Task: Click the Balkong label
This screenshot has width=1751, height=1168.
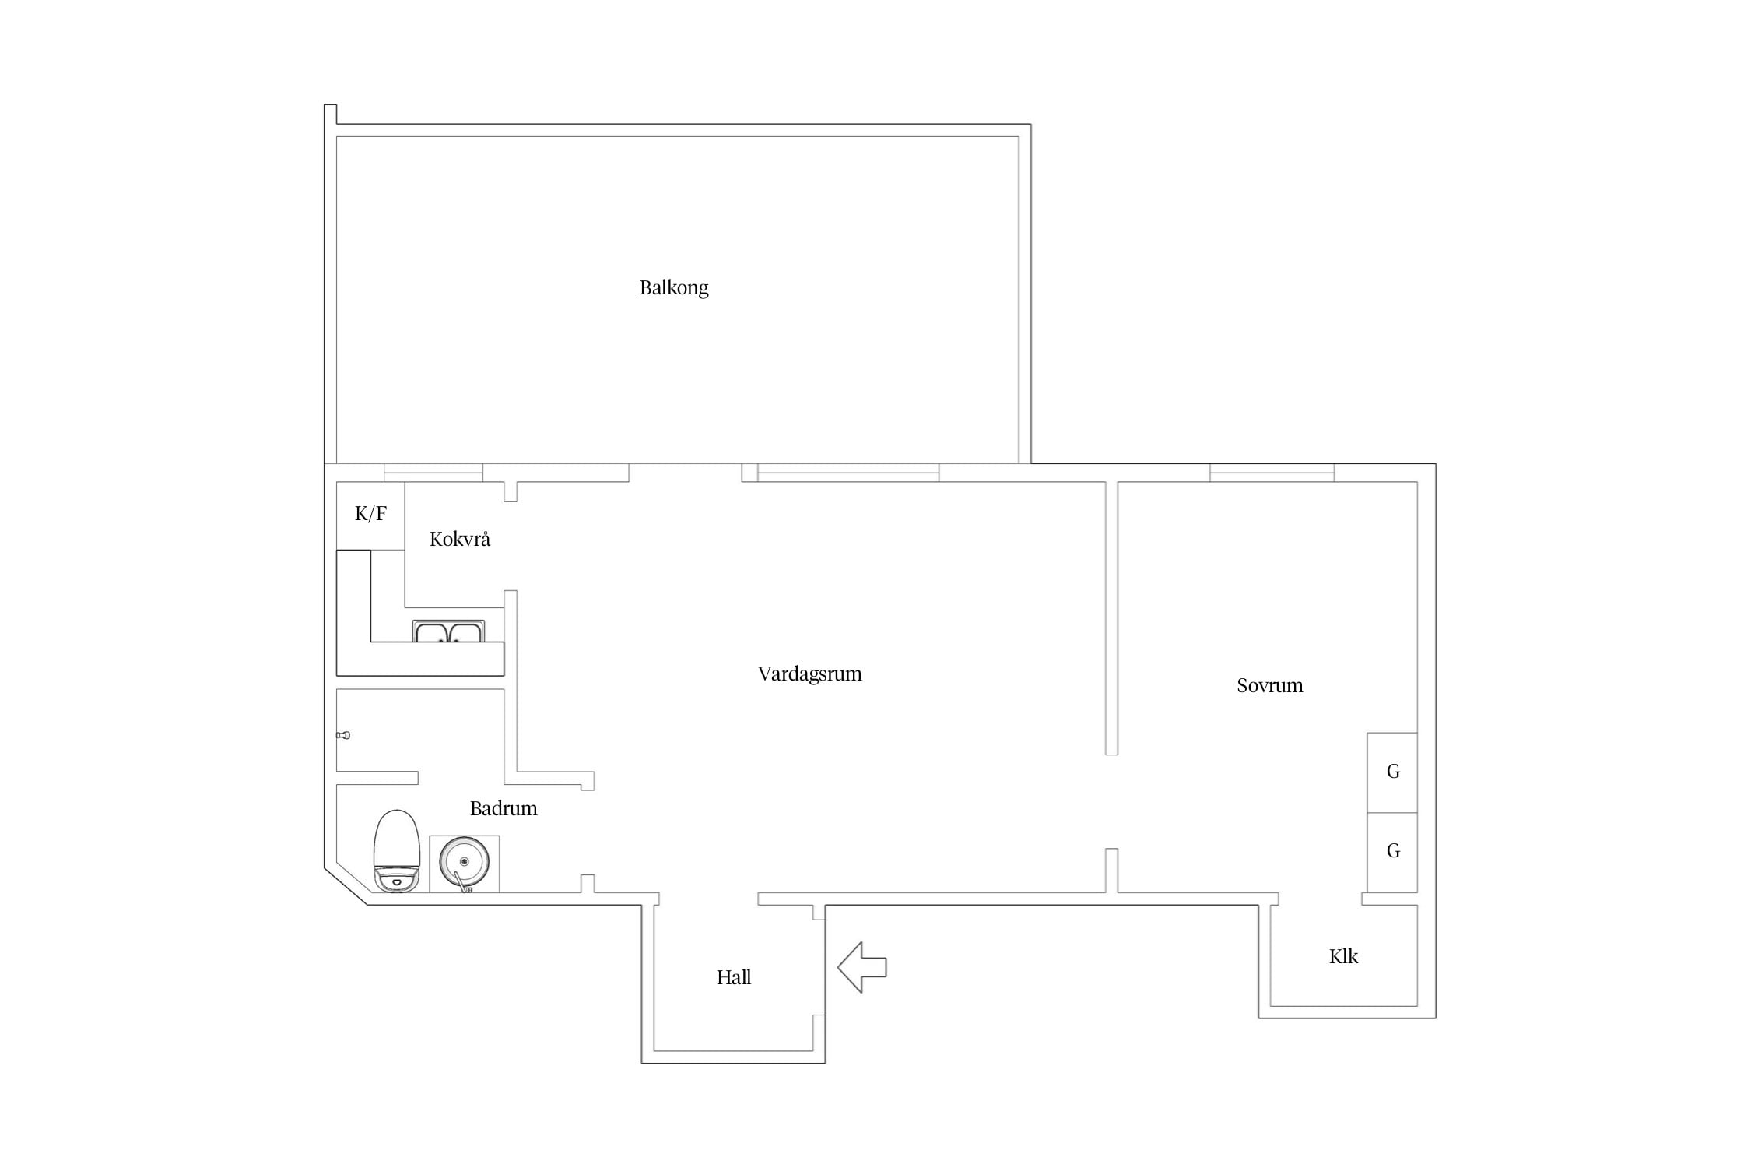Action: [x=674, y=288]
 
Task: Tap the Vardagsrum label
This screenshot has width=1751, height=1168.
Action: [x=809, y=674]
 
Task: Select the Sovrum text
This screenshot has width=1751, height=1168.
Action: [x=1269, y=685]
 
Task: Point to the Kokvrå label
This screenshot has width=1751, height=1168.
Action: [x=460, y=539]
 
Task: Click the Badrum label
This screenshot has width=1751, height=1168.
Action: [x=504, y=808]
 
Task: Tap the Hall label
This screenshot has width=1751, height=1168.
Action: [x=734, y=977]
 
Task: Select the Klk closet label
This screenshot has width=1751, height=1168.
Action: [x=1343, y=956]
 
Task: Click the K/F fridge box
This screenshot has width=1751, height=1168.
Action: [x=370, y=515]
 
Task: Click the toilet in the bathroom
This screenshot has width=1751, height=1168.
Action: [x=397, y=851]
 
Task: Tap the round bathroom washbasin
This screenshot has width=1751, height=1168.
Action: [x=464, y=863]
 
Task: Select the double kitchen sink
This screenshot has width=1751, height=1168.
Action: [x=448, y=631]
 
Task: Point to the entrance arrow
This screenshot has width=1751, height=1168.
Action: [x=862, y=967]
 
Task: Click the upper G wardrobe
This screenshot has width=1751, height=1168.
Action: [x=1392, y=772]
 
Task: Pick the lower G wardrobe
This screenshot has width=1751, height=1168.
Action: [x=1392, y=853]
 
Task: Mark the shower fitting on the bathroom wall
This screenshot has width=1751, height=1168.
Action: [x=343, y=735]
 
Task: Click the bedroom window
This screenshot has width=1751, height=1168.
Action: [x=1272, y=473]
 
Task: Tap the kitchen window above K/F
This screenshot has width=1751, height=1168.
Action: [x=433, y=473]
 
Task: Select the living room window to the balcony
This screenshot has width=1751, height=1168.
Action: [x=848, y=473]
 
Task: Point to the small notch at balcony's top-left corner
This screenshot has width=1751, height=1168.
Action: [x=330, y=114]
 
